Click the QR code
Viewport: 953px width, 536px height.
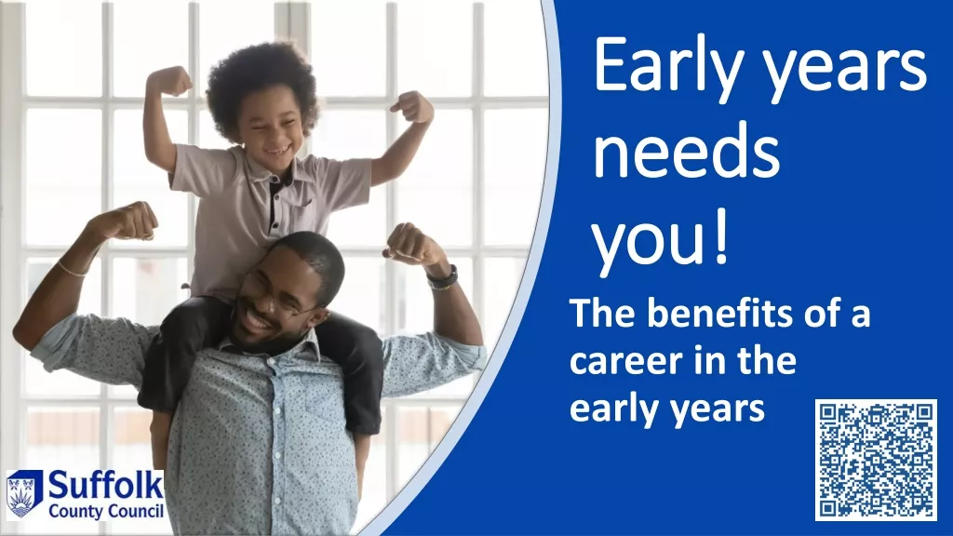tap(876, 460)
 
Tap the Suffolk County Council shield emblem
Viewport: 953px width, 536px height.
tap(23, 494)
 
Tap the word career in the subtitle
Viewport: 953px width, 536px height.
tap(624, 362)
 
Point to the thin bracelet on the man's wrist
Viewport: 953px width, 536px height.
tap(73, 270)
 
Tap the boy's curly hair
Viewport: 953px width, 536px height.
tap(262, 79)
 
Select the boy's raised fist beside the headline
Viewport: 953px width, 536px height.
tap(412, 107)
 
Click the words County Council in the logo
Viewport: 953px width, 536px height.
tap(106, 511)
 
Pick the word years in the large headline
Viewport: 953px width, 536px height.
tap(844, 70)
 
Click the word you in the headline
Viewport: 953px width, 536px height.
tap(647, 243)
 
